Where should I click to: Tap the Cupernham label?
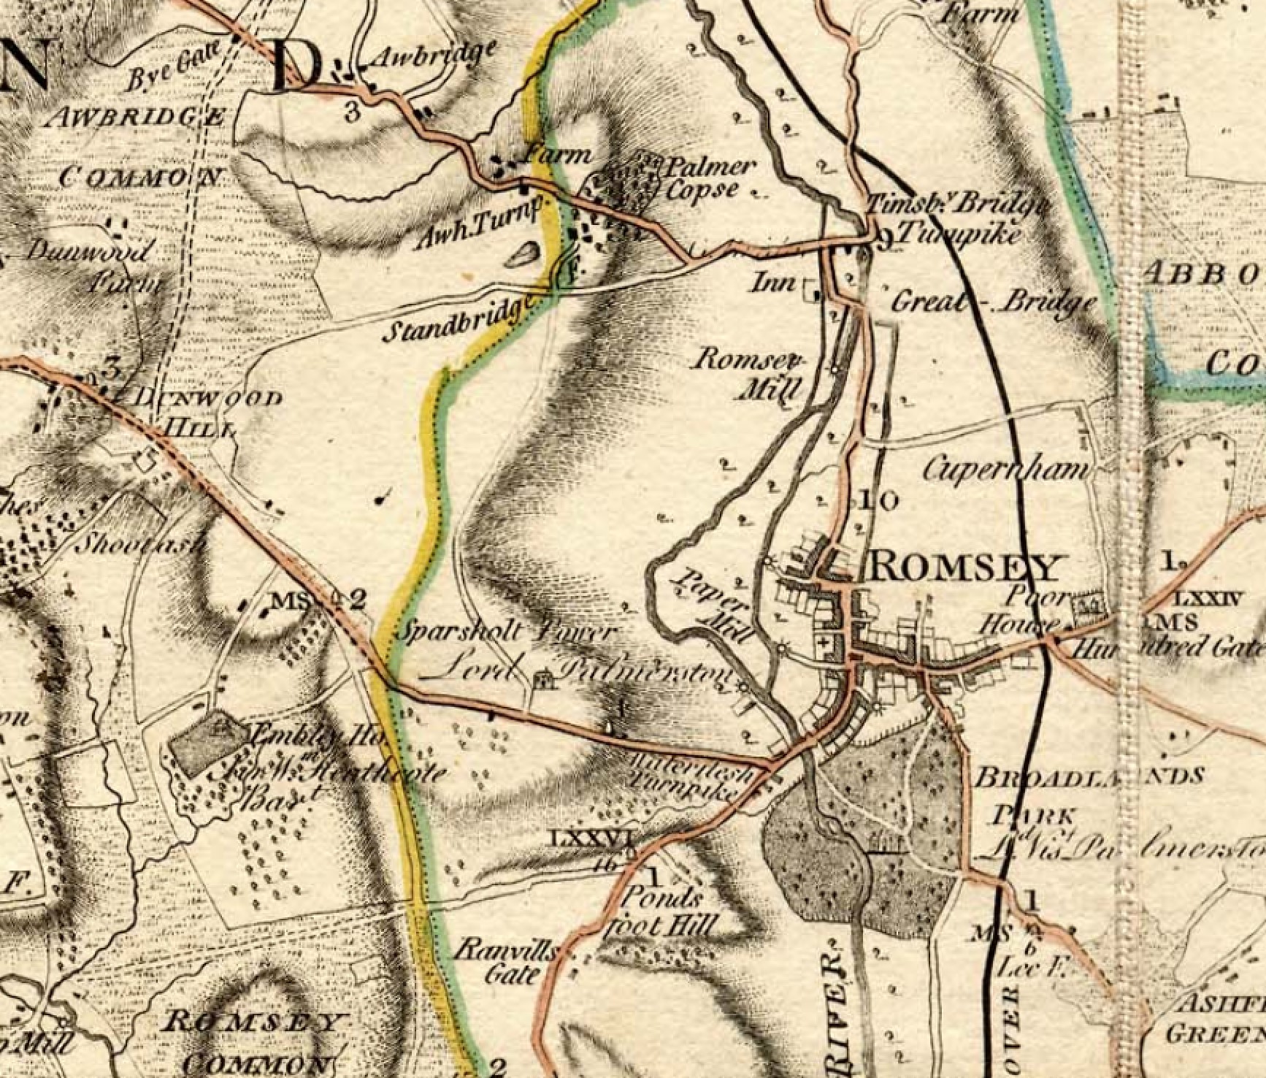coord(1005,470)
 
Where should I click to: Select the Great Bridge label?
coord(993,302)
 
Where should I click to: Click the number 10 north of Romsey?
coord(879,501)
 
